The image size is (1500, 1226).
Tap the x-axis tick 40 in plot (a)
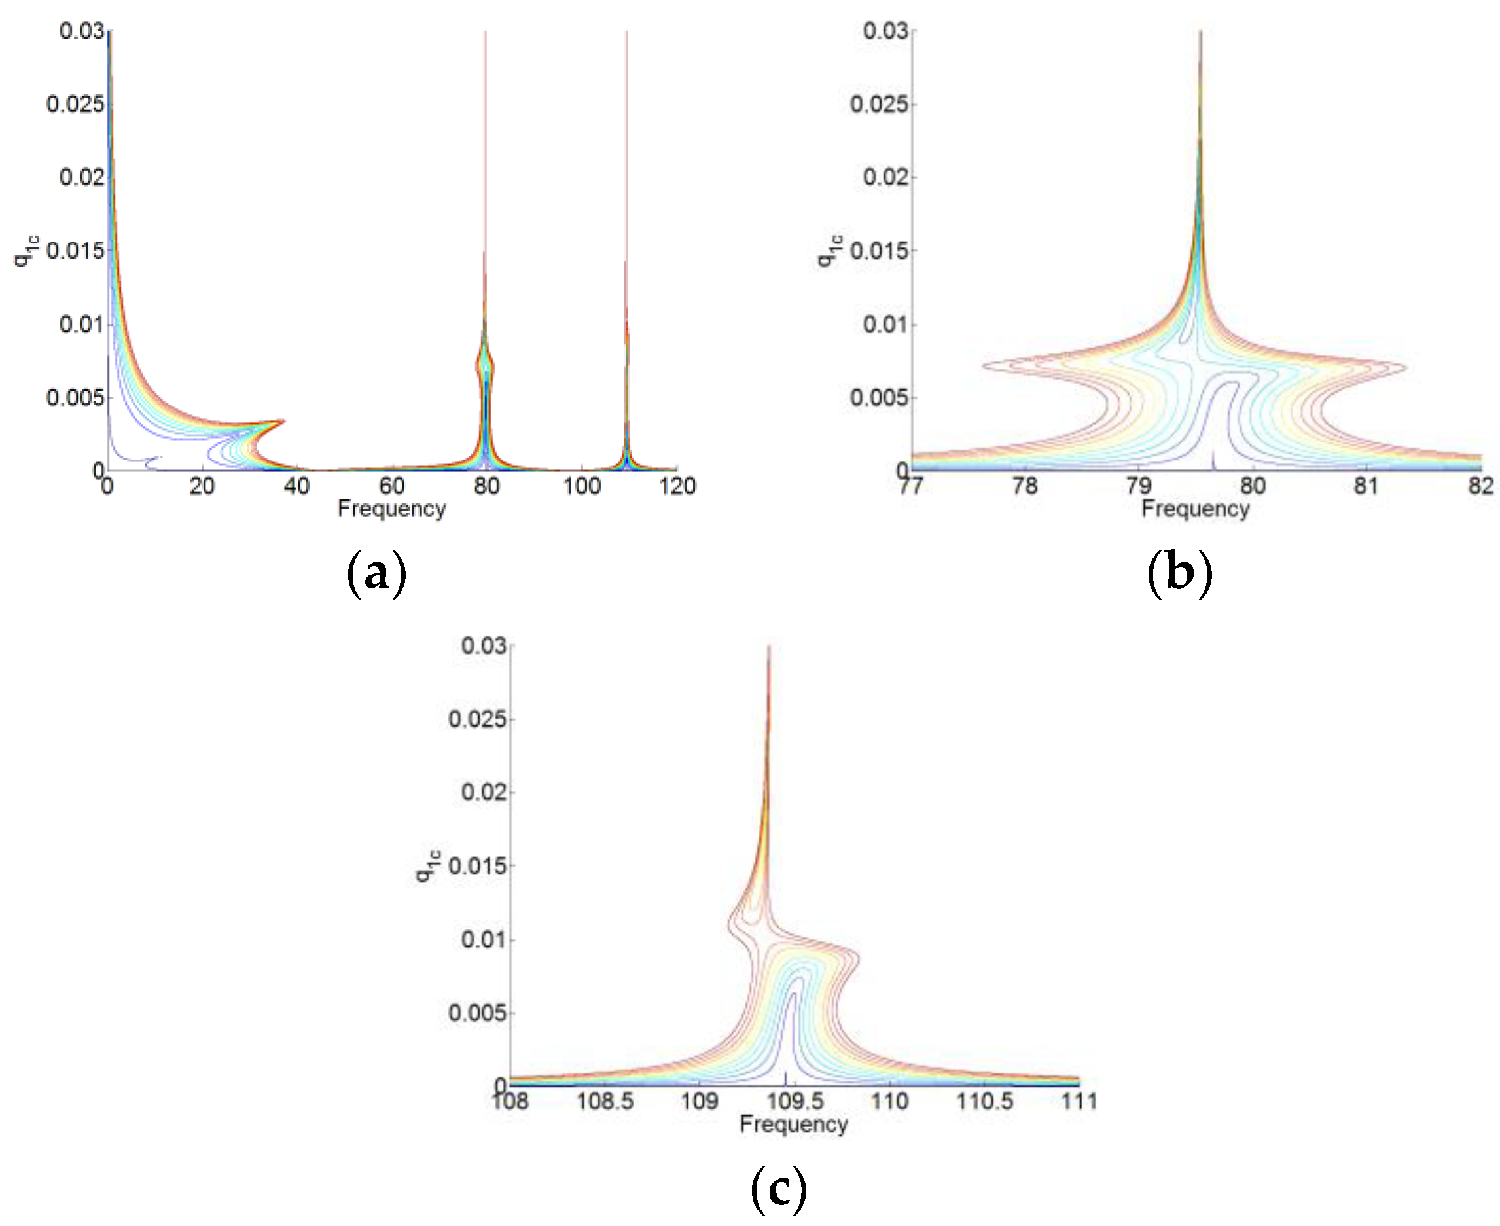tap(296, 486)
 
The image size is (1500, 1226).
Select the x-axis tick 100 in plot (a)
tap(582, 486)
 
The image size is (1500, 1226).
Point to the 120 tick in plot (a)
tap(677, 486)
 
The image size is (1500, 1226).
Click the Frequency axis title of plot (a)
tap(391, 509)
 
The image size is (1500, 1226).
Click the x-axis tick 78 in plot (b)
tap(1025, 486)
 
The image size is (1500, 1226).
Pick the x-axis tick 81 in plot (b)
tap(1366, 486)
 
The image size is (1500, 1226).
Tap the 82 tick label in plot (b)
tap(1480, 486)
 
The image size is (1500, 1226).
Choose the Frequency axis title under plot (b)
tap(1195, 509)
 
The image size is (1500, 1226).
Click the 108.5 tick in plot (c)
tap(605, 1101)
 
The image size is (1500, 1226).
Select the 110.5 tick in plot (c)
tap(984, 1101)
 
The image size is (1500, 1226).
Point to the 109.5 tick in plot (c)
tap(795, 1101)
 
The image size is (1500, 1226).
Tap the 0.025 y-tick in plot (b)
tap(878, 105)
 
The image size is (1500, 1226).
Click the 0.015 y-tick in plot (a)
tap(75, 251)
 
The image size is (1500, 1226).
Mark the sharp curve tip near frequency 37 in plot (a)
tap(284, 421)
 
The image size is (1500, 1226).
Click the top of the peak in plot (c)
tap(768, 647)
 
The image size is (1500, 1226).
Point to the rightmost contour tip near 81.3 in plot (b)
tap(1405, 367)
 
